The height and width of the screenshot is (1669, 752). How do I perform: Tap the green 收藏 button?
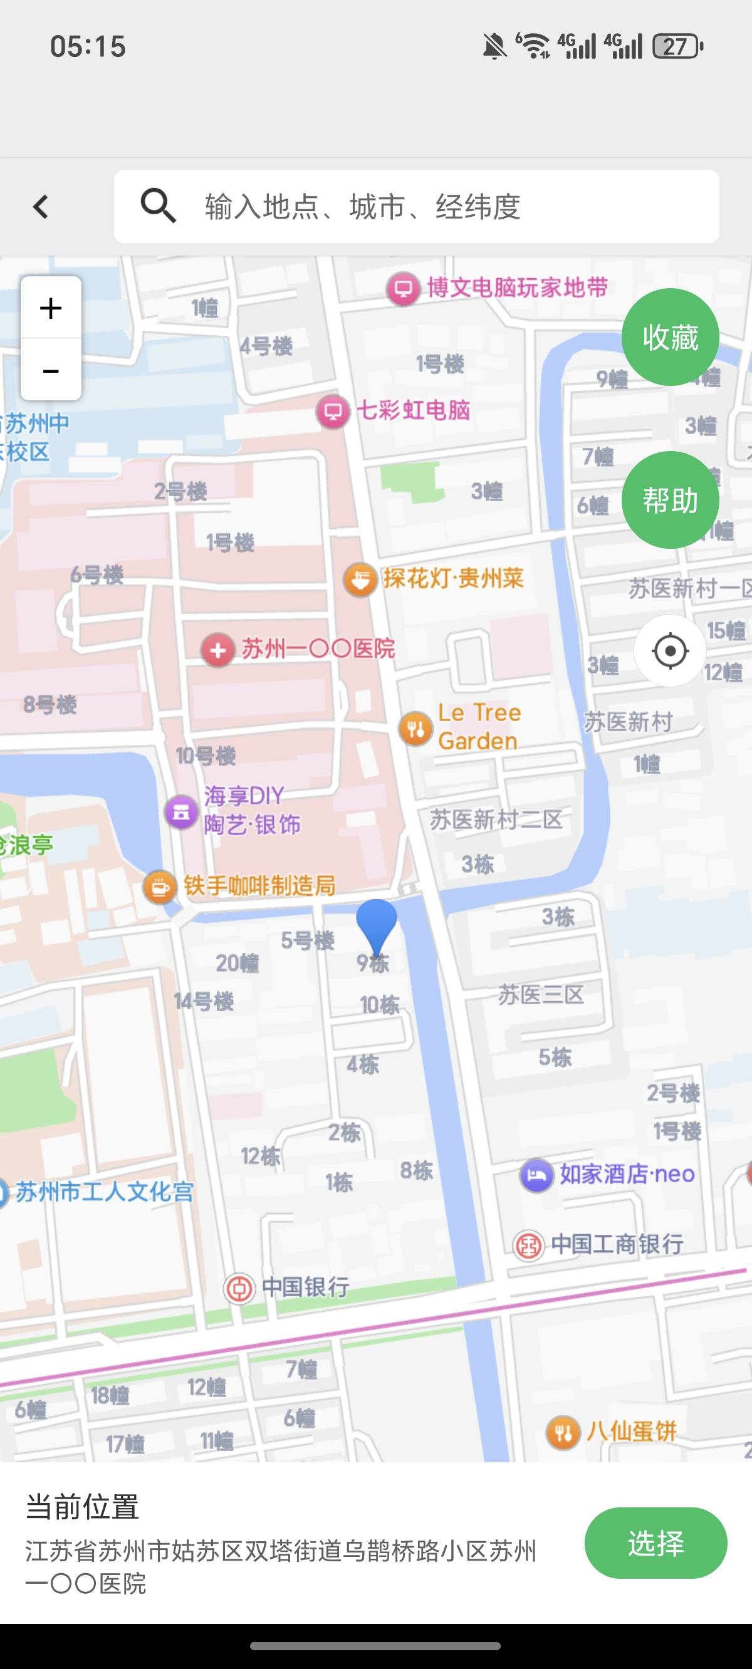coord(670,338)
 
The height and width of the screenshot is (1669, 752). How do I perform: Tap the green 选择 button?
coord(655,1542)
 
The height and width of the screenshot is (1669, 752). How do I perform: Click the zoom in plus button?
coord(51,308)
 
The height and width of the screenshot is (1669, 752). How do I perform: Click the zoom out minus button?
coord(51,371)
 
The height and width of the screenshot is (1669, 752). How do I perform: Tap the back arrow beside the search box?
coord(41,207)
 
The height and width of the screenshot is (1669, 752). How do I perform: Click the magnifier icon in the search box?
coord(158,206)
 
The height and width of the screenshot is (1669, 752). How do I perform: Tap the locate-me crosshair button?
coord(670,650)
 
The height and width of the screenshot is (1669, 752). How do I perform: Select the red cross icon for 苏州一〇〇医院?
coord(218,649)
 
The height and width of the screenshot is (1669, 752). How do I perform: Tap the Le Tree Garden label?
coord(478,727)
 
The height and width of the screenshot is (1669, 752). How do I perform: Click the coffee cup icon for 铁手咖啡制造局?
coord(159,886)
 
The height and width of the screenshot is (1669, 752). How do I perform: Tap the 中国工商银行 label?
coord(617,1244)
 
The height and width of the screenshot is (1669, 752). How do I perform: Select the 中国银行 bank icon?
coord(239,1288)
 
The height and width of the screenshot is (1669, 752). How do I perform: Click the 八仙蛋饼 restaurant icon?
coord(563,1433)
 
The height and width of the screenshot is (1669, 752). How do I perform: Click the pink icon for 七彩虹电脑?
coord(333,411)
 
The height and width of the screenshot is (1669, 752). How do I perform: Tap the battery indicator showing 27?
coord(677,46)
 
